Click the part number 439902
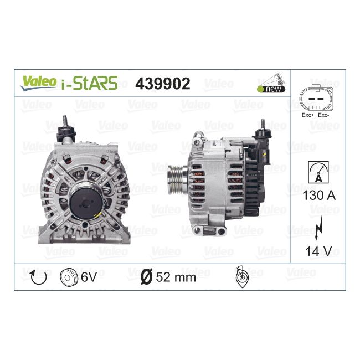coord(163,83)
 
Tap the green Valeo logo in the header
coord(38,82)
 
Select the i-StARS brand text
coord(90,83)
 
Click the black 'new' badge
coord(271,89)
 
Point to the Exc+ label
coord(308,115)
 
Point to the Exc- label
coord(323,115)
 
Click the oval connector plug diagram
coord(316,98)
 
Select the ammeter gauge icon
coord(318,172)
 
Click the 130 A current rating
coord(319,196)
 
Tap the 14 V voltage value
coord(318,251)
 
